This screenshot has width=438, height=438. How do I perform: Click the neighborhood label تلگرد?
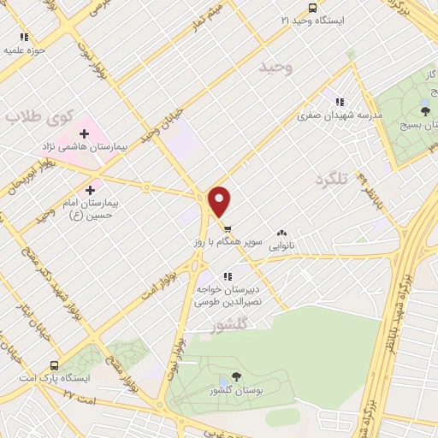[x=333, y=179]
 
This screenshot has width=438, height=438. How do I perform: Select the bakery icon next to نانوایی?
[x=282, y=233]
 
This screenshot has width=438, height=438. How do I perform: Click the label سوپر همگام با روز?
[x=223, y=243]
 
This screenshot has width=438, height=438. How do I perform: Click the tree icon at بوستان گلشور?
[x=237, y=376]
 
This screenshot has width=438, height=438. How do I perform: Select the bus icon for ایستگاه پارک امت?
[x=54, y=364]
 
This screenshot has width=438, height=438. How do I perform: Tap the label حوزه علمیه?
[x=24, y=50]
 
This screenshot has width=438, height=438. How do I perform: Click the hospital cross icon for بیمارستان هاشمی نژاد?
[x=85, y=133]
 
